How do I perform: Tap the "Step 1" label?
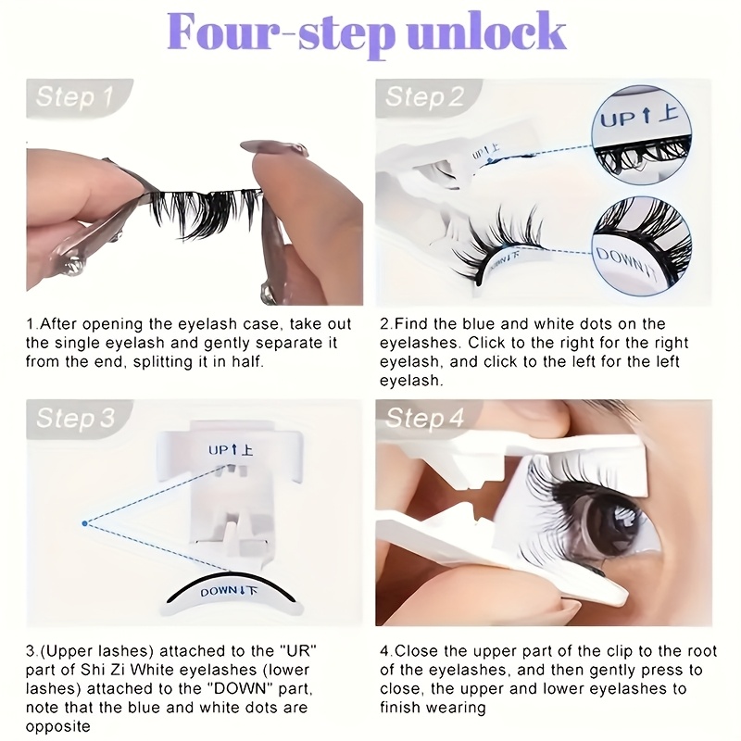(75, 97)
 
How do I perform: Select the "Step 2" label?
(425, 97)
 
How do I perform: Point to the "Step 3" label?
(76, 419)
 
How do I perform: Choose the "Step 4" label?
(425, 419)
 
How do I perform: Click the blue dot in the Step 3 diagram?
(84, 523)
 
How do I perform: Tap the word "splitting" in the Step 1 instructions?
(167, 362)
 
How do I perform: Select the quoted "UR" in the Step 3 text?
(297, 651)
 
